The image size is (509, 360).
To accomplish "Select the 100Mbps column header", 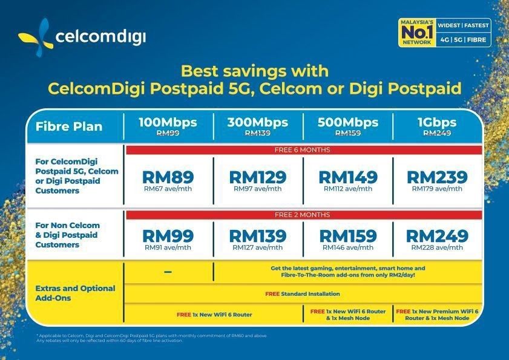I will coord(168,122).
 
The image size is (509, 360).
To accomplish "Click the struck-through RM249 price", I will coord(437,133).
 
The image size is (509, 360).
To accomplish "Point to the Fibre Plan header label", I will coord(69,127).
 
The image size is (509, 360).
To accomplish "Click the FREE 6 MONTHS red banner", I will coord(303,149).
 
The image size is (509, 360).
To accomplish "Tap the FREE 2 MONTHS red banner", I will coord(303,215).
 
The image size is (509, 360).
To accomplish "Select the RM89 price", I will coord(168,177).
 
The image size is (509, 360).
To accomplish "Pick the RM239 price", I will coord(437,177).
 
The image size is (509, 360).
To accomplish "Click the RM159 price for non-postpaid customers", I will coord(347,236).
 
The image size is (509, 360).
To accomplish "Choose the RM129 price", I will coord(257,177).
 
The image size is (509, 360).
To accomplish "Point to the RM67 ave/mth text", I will coord(168,189).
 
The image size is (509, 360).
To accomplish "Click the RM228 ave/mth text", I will coord(437,247).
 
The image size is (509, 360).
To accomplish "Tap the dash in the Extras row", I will coord(168,273).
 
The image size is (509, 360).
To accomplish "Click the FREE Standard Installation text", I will coord(303,294).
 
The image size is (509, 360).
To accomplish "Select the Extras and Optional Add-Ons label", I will coord(75,293).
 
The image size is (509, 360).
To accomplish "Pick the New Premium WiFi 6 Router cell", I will coord(437,314).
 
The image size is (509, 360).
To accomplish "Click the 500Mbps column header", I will coord(347,122).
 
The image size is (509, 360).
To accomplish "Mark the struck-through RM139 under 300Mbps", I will coord(257,133).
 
